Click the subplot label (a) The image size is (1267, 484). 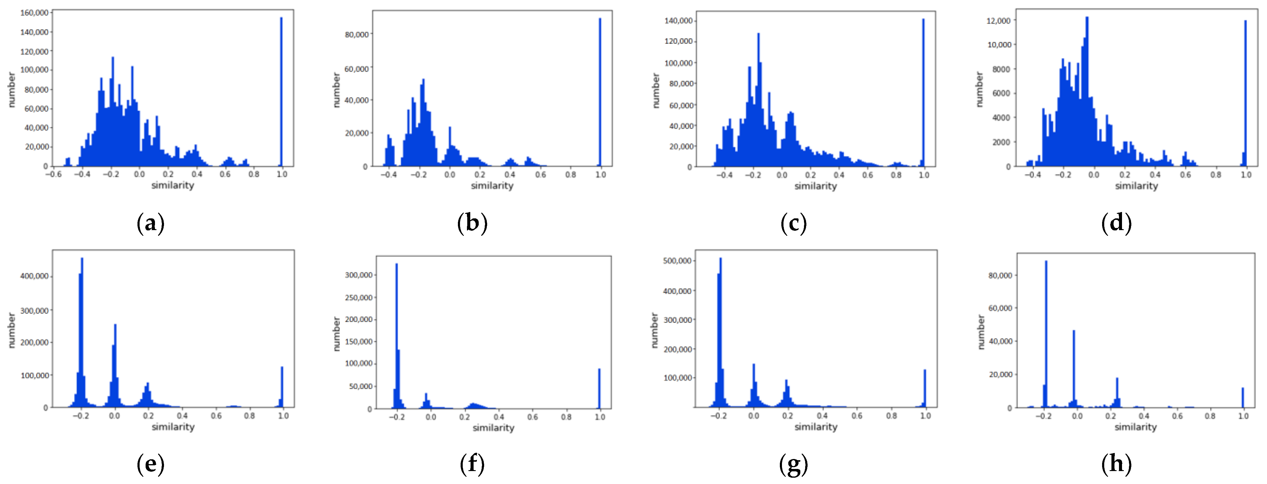click(x=150, y=223)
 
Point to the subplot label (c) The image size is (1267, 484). click(x=793, y=223)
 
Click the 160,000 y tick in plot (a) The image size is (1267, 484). click(x=34, y=13)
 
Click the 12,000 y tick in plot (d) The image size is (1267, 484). click(x=999, y=21)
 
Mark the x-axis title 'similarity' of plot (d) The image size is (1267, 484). click(x=1136, y=186)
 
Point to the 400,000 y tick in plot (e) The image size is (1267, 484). click(x=34, y=276)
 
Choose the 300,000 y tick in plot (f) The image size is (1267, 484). click(x=358, y=275)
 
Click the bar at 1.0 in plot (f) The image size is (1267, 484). click(x=599, y=388)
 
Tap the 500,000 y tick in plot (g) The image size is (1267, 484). click(x=677, y=261)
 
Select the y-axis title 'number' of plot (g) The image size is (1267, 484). click(x=654, y=330)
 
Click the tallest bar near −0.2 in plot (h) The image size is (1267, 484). click(x=1046, y=334)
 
